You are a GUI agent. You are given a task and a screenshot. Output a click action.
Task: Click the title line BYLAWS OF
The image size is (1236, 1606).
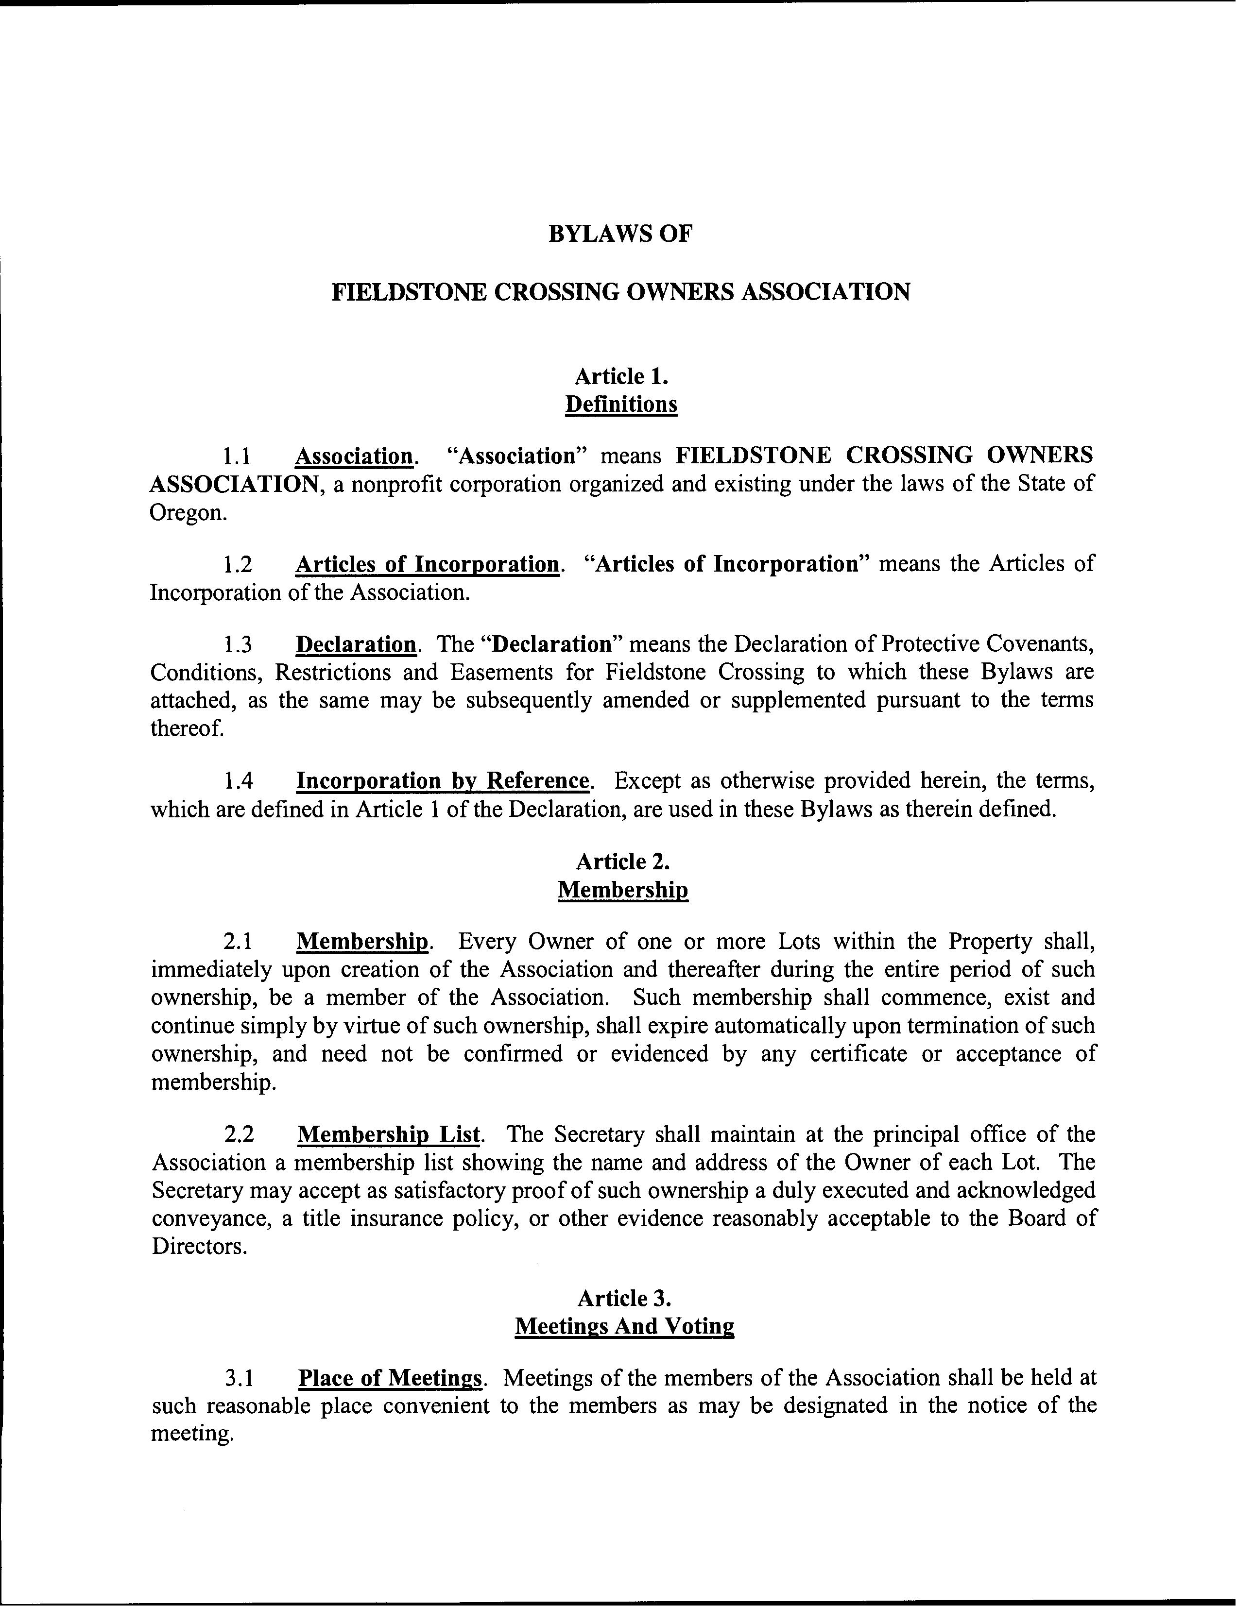pos(620,234)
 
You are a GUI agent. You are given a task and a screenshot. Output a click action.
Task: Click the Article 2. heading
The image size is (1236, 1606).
pos(622,862)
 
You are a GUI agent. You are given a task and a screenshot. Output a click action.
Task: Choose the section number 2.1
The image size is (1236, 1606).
pos(239,942)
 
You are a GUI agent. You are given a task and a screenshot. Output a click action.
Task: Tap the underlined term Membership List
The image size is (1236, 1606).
pos(389,1134)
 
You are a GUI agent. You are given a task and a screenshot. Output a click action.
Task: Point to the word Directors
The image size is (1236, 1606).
pos(197,1247)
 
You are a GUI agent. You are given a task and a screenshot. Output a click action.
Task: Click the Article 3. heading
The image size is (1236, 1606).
pos(624,1299)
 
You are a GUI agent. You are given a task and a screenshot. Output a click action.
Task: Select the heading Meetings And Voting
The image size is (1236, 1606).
pos(624,1327)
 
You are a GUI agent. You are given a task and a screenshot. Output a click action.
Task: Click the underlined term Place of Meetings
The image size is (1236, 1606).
pos(390,1378)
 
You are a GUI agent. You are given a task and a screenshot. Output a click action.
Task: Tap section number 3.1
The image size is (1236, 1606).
pos(239,1378)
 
